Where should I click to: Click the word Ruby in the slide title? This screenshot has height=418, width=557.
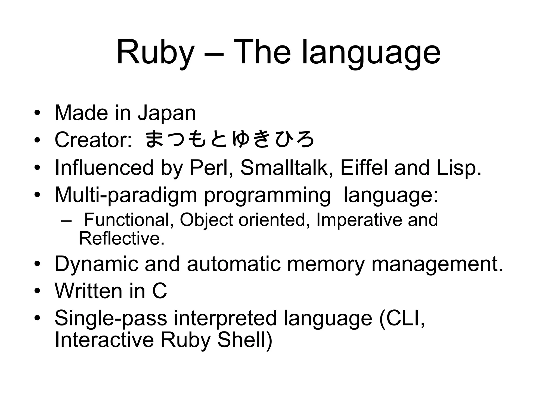point(155,52)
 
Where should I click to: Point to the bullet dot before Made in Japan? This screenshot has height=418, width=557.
point(37,113)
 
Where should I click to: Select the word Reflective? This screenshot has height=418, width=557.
point(122,238)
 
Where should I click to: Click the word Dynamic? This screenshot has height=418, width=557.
point(97,264)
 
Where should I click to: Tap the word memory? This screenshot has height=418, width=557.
point(326,264)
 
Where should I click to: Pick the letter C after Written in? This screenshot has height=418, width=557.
point(159,291)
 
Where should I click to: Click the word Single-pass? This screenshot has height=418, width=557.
point(111,318)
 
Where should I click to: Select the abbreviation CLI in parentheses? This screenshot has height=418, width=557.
point(402,318)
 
